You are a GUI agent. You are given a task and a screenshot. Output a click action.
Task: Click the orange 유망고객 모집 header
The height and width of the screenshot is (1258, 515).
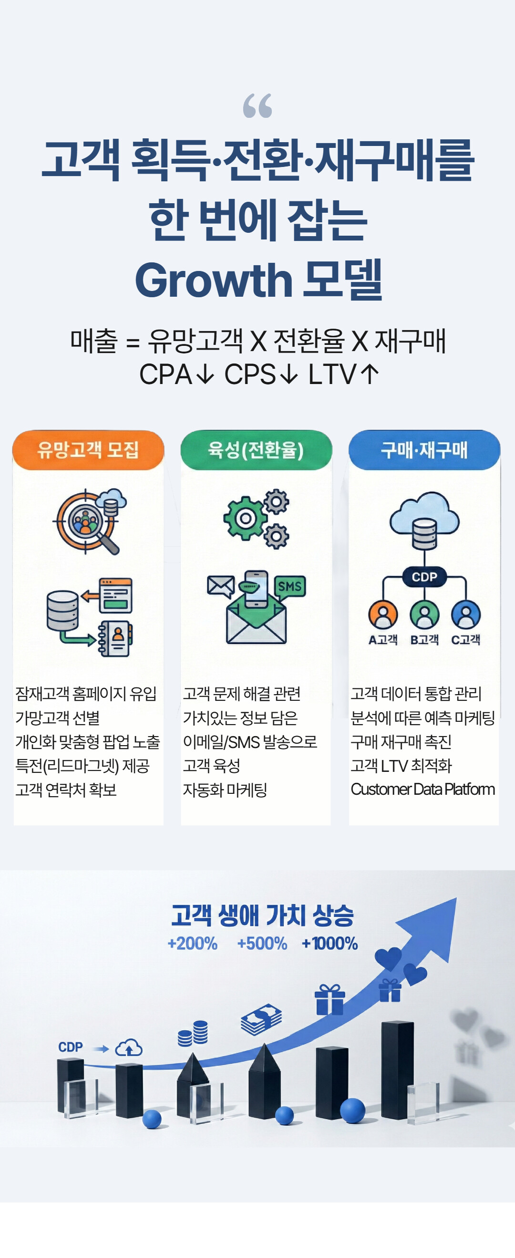click(x=88, y=450)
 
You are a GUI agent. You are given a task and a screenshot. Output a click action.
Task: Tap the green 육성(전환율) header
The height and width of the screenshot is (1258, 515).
click(x=256, y=450)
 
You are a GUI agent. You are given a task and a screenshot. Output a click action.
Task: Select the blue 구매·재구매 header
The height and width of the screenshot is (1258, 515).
click(x=424, y=450)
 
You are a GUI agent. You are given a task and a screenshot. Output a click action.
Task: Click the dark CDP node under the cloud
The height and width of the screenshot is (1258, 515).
click(x=424, y=577)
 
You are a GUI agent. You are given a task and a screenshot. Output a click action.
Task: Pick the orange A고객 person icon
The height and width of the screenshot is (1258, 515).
click(x=383, y=614)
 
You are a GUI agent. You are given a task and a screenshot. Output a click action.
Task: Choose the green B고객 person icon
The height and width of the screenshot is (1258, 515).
click(x=424, y=614)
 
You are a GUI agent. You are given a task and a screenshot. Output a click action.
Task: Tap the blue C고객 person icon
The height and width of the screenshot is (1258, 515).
click(x=466, y=614)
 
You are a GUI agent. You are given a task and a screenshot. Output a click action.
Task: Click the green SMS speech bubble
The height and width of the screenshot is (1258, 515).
click(x=289, y=586)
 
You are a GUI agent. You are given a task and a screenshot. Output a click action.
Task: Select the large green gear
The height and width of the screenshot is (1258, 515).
click(x=246, y=518)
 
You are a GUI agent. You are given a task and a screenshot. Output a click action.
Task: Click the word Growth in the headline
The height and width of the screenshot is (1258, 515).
click(x=213, y=281)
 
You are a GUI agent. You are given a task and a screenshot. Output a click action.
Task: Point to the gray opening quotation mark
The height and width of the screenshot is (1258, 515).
click(x=257, y=106)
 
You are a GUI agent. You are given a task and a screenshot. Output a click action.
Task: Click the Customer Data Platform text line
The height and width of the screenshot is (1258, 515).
click(x=423, y=789)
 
